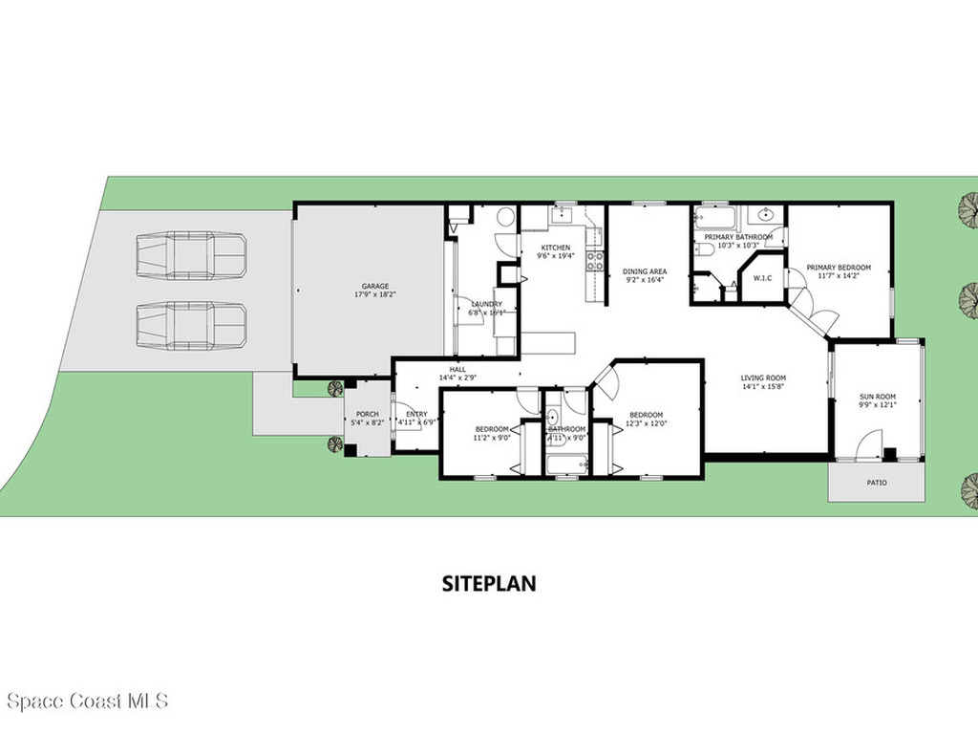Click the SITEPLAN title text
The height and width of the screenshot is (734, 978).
(488, 583)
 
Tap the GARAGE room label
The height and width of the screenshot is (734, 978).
(374, 286)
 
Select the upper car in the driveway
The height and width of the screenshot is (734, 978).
(191, 255)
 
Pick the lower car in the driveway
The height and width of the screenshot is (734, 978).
(191, 326)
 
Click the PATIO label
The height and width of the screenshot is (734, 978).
(876, 483)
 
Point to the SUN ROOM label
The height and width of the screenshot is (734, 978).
(878, 396)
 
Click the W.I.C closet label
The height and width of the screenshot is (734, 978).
(762, 278)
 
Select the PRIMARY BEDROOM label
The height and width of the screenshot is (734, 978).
(838, 268)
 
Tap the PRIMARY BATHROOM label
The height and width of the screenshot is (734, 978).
(738, 237)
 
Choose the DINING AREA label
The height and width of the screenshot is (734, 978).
(645, 271)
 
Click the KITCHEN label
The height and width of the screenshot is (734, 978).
(555, 248)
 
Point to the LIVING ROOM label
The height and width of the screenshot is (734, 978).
(763, 378)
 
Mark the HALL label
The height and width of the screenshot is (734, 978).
(457, 369)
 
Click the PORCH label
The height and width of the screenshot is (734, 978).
(368, 414)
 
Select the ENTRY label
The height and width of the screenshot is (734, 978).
(416, 414)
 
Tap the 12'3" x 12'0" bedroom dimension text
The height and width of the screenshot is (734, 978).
(646, 423)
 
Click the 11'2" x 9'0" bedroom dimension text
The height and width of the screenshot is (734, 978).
(492, 440)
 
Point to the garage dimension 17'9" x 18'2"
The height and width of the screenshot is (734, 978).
(374, 294)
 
